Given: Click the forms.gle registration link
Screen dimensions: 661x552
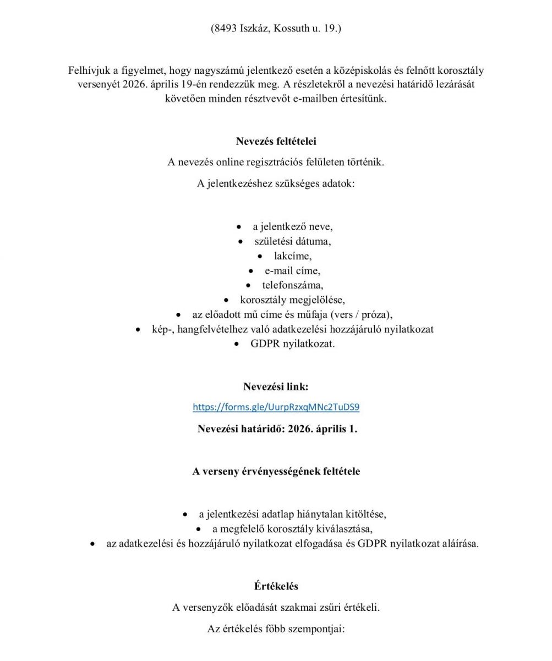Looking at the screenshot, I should (276, 408).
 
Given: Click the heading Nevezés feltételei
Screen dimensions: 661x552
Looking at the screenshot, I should (276, 141).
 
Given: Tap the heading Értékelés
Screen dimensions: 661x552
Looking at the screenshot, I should (276, 586).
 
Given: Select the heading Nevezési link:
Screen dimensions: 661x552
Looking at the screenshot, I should (276, 387).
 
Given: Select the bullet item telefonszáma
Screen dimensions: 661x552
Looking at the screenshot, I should (292, 285).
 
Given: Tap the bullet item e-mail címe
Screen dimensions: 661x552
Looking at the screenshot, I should (292, 271).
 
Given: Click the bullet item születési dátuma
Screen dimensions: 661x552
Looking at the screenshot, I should (292, 241).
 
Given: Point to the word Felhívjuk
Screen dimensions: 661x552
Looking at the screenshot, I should (89, 71).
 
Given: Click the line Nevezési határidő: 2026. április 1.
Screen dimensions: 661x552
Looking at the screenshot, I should (277, 429).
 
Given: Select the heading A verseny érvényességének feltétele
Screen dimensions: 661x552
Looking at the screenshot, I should (276, 472).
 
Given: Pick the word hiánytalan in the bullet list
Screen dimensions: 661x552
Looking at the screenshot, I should (317, 514).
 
